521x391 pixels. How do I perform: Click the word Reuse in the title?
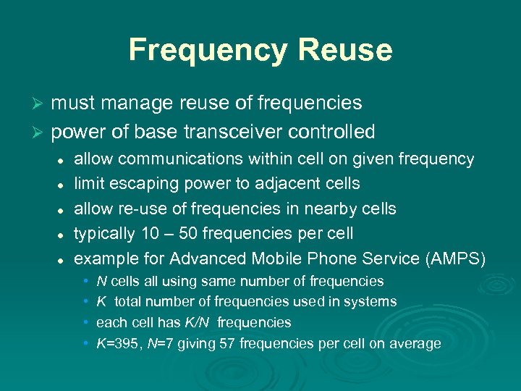pyautogui.click(x=346, y=50)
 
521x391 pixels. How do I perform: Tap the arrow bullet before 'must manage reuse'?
pyautogui.click(x=41, y=104)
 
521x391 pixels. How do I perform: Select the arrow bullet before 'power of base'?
pyautogui.click(x=41, y=133)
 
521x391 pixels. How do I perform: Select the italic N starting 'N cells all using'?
pyautogui.click(x=101, y=281)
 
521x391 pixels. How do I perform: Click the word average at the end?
pyautogui.click(x=415, y=343)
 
